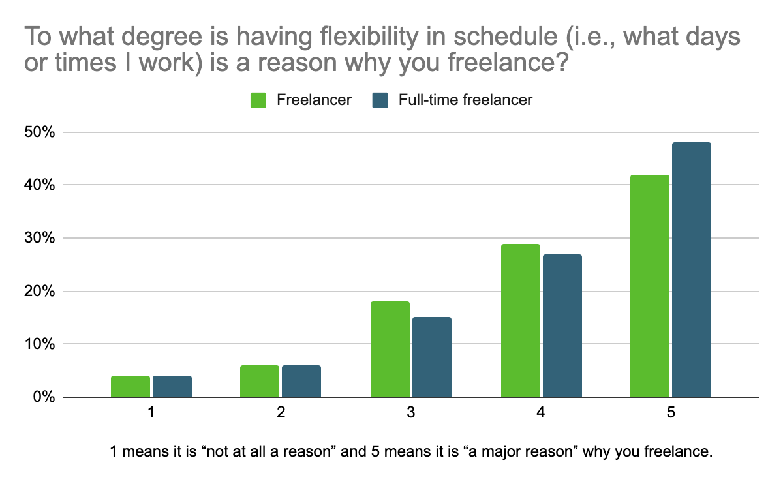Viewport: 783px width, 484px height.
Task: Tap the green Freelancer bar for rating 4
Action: [520, 320]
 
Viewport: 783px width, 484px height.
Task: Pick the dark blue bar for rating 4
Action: [562, 325]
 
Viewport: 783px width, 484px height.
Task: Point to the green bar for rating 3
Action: [390, 349]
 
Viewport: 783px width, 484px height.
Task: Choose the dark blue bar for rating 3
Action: [431, 357]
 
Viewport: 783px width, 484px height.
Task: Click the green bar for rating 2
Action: [260, 381]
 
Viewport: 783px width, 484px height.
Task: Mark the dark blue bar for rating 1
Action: [172, 386]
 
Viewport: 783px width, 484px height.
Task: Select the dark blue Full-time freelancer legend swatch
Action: [380, 100]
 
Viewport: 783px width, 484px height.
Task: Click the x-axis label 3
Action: [410, 413]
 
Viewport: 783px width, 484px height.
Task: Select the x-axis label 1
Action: [151, 413]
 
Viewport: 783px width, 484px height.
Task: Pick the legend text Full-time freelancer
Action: [465, 100]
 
